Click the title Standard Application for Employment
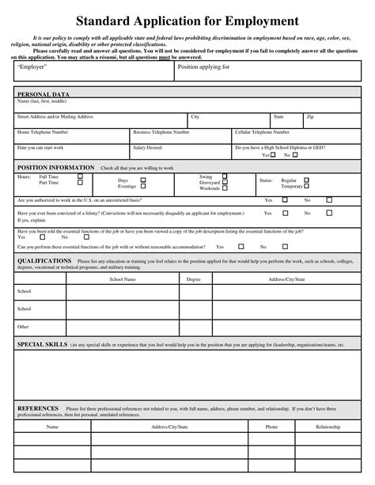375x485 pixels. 187,21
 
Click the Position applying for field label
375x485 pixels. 203,67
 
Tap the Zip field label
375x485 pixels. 310,116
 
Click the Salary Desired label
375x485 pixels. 147,147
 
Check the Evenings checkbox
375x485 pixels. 143,187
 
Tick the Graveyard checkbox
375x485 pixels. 225,183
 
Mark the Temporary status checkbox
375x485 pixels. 306,186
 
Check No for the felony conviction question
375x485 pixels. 329,213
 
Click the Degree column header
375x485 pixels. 193,279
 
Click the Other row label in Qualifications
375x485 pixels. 23,326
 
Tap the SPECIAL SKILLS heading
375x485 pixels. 42,345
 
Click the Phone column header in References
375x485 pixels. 271,426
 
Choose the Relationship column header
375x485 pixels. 328,426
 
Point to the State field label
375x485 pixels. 278,116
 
